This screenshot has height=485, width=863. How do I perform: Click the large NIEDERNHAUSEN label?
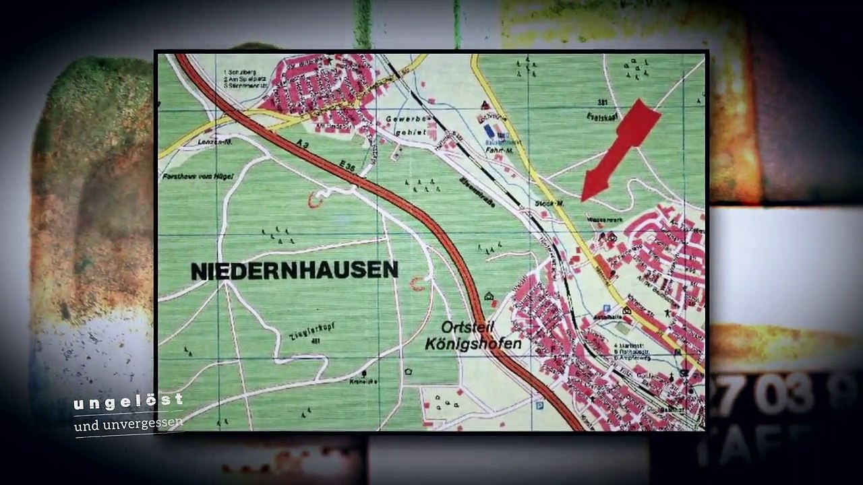pyautogui.click(x=295, y=271)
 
